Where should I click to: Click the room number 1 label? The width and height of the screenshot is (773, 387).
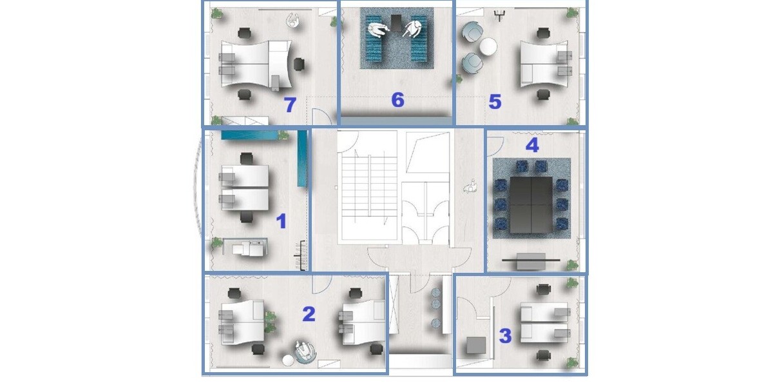282,221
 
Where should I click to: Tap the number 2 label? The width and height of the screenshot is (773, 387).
309,313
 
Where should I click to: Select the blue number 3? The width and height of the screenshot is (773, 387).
506,335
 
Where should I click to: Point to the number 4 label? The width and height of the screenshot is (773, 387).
532,145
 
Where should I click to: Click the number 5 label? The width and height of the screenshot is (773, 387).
495,102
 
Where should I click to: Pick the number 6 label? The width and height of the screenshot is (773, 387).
397,100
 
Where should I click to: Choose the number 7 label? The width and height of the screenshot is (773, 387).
290,104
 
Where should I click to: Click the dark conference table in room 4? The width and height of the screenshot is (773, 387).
531,205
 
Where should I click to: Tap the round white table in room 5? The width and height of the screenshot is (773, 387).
488,46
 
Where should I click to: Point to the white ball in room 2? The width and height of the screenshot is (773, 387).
288,361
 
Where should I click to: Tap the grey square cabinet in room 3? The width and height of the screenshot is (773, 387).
476,346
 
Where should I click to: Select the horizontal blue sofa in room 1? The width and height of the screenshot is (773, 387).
250,135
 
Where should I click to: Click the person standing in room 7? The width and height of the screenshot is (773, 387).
292,20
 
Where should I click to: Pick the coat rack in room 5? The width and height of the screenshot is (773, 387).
499,15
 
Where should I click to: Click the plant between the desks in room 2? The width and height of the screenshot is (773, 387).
270,322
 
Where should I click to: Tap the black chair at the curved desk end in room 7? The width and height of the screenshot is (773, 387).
299,64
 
